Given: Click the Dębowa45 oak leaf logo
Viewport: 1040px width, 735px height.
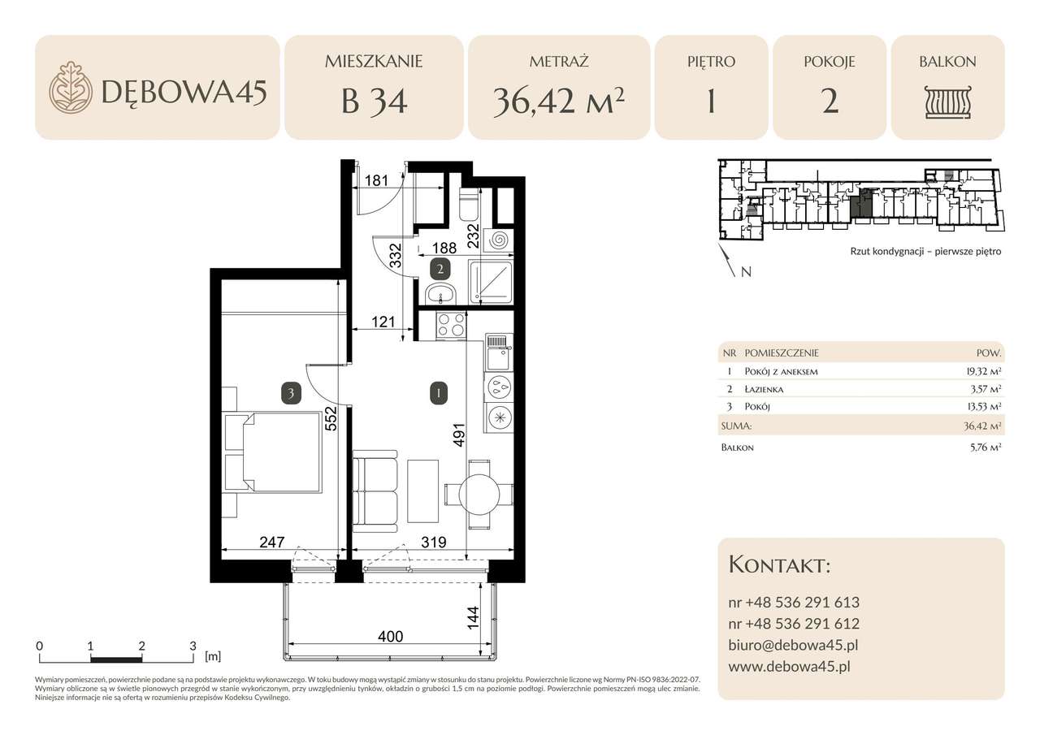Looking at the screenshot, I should pyautogui.click(x=71, y=88).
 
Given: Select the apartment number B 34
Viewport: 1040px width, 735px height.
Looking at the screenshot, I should pyautogui.click(x=374, y=102).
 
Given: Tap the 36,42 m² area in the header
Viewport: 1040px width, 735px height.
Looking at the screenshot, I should pyautogui.click(x=558, y=102).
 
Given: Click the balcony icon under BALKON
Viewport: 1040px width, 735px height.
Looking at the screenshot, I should pyautogui.click(x=947, y=102).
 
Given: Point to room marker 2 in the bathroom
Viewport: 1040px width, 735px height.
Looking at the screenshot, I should pyautogui.click(x=440, y=269).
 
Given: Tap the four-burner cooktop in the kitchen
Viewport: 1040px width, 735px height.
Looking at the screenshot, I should pyautogui.click(x=452, y=326).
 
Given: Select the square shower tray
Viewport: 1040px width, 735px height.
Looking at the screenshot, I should pyautogui.click(x=492, y=281).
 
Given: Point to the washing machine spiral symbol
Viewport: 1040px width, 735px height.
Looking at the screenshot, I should pyautogui.click(x=499, y=240).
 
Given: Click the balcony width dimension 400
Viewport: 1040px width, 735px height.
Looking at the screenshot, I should pyautogui.click(x=391, y=637).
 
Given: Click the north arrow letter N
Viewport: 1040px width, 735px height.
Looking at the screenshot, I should pyautogui.click(x=746, y=272).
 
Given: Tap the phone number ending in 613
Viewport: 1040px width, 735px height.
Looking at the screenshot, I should pyautogui.click(x=794, y=603).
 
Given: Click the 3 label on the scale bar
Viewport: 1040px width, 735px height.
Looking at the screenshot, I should pyautogui.click(x=193, y=646).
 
